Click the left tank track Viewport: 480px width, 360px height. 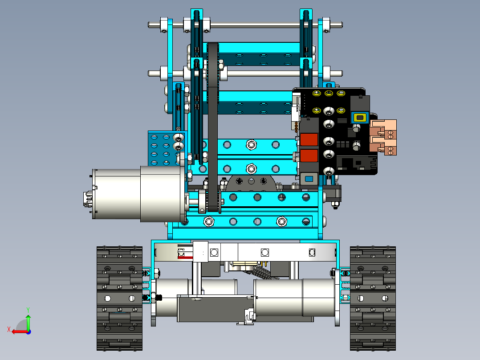pyautogui.click(x=119, y=298)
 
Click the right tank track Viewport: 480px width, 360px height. pyautogui.click(x=373, y=298)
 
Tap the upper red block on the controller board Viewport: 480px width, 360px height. pyautogui.click(x=309, y=140)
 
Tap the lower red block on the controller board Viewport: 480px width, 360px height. pyautogui.click(x=309, y=155)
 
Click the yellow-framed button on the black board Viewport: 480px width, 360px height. pyautogui.click(x=360, y=117)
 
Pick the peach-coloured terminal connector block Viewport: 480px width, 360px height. pyautogui.click(x=383, y=138)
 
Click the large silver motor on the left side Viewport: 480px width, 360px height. pyautogui.click(x=139, y=194)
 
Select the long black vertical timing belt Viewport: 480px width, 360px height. pyautogui.click(x=212, y=127)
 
